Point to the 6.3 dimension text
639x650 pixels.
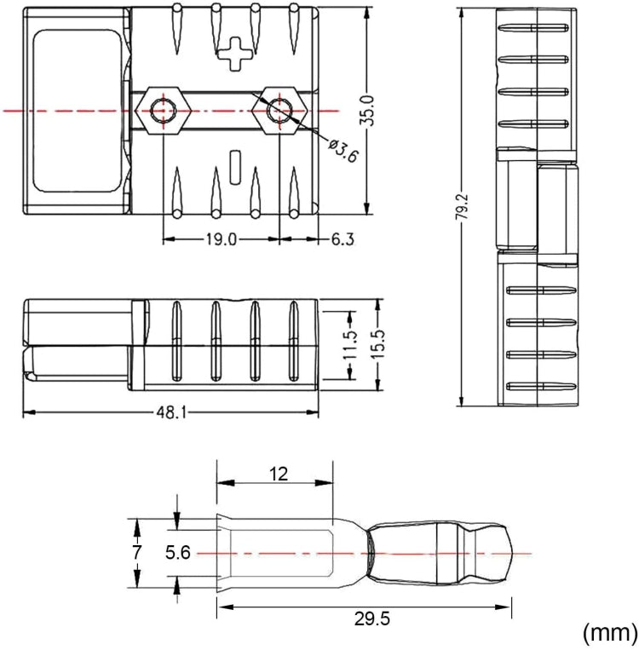pos(342,240)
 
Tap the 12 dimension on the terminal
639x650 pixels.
pos(278,475)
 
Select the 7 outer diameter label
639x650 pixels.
pos(136,553)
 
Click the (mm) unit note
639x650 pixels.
pos(608,631)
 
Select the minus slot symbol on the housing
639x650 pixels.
pos(236,163)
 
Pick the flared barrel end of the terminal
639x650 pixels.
pos(223,554)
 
